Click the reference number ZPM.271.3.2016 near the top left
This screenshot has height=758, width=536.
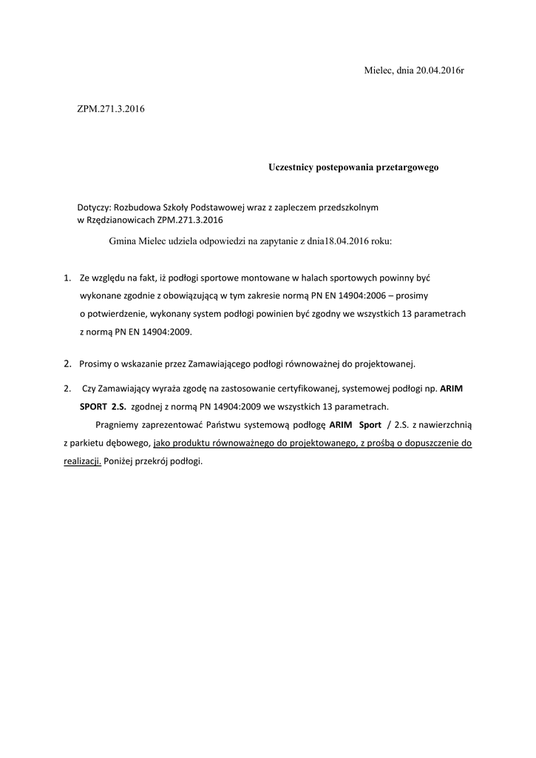pos(111,110)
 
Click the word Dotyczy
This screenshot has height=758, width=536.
pos(93,207)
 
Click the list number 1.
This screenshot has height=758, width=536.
pos(67,278)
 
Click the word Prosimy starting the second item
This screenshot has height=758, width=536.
pos(95,363)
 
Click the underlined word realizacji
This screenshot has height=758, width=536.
pos(81,461)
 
